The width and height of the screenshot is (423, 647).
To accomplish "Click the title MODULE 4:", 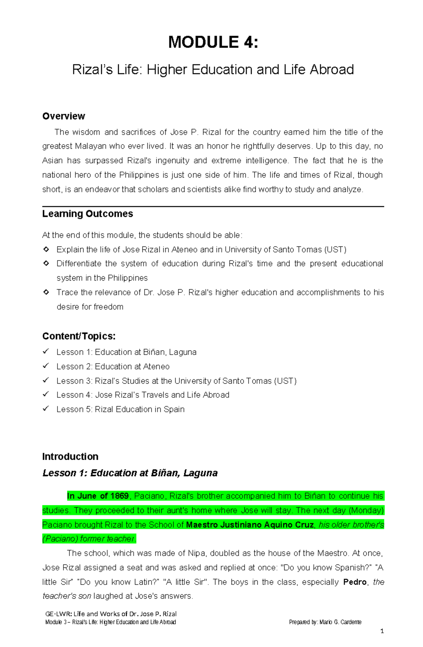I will [213, 42].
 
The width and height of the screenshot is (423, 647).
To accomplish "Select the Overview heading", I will [63, 116].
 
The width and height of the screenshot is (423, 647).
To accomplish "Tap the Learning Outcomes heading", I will [87, 214].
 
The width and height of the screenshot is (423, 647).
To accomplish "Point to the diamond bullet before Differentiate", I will [46, 263].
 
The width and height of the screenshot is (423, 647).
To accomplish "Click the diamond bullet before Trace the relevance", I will [46, 292].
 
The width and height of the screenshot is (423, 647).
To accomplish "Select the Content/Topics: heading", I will [79, 336].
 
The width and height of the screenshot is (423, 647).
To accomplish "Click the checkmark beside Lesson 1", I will [46, 352].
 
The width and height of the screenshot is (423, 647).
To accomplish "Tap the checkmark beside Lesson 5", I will [46, 409].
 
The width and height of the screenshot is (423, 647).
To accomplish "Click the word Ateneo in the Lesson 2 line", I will [157, 367].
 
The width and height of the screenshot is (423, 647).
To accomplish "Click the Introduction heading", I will [70, 457].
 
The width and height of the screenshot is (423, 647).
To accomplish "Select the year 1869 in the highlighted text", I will [119, 496].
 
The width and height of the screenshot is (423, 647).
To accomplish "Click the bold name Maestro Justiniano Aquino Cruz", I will [250, 525].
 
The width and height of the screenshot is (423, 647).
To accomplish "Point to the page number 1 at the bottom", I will [382, 631].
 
